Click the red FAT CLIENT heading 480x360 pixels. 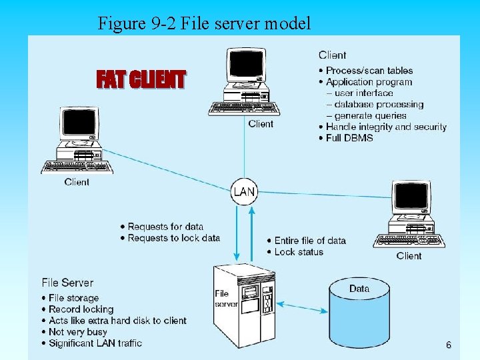(141, 80)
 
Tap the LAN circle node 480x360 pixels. (243, 192)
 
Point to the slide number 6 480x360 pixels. (448, 345)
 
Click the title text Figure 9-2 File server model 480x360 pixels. (204, 24)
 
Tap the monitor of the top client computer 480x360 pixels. (245, 66)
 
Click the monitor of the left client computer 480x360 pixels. (79, 124)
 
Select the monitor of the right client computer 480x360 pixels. (411, 197)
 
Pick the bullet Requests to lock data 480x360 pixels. (173, 238)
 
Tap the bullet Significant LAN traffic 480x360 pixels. (95, 343)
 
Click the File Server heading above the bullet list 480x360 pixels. (67, 283)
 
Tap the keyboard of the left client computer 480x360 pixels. (75, 167)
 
